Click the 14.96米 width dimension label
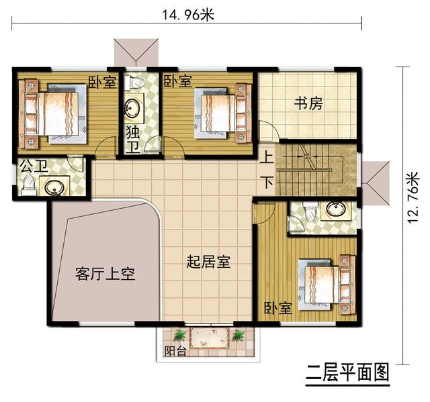click(x=187, y=14)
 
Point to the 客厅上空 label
click(x=105, y=274)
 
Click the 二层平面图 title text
click(x=347, y=372)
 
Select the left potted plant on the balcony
click(x=179, y=335)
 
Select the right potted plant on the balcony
click(x=238, y=335)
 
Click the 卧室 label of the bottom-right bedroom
click(x=277, y=309)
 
